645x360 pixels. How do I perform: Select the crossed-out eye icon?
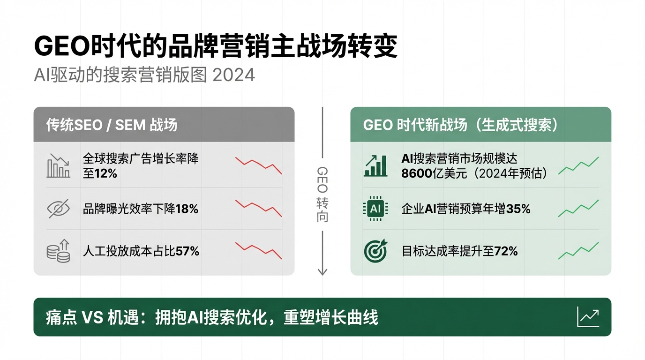coord(59,209)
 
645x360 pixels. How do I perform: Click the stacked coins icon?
coord(59,251)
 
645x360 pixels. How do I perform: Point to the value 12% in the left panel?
coord(106,173)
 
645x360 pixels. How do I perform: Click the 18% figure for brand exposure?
coord(187,209)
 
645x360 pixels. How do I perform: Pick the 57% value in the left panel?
coord(187,252)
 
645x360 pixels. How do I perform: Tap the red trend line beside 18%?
coord(258,208)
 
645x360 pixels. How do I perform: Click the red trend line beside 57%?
coord(258,250)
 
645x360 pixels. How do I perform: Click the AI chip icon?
coord(375,209)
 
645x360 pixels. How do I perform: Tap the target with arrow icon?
coord(375,251)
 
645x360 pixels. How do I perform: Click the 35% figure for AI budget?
coord(518,209)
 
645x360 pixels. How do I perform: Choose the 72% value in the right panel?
coord(506,252)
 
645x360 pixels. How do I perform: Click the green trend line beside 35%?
coord(578,209)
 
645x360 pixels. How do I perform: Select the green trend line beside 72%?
coord(578,251)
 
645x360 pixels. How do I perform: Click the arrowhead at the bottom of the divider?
coord(322,271)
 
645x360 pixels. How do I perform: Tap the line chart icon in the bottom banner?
coord(588,317)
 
